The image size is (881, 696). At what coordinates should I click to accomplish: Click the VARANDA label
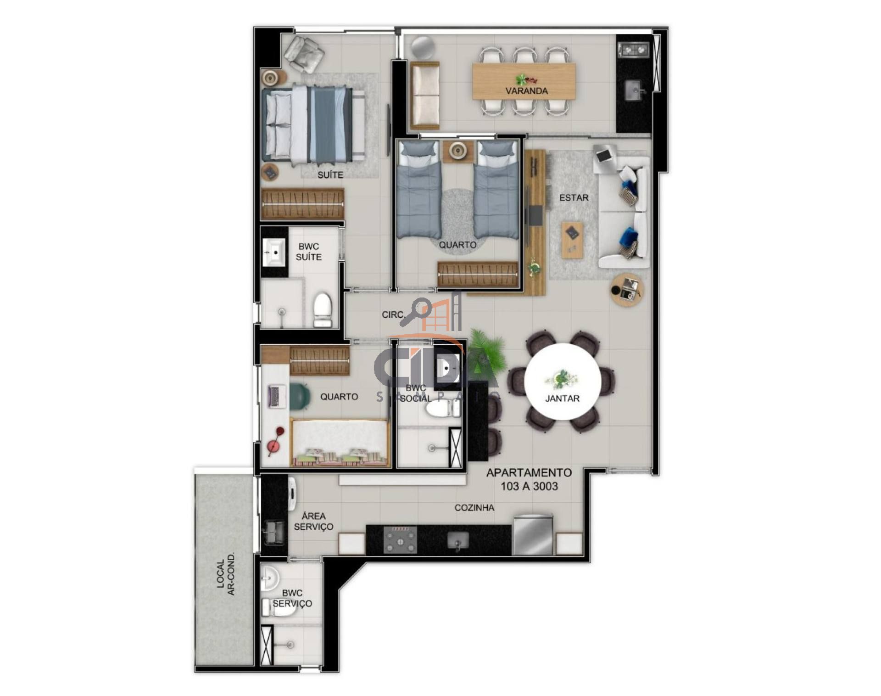click(x=526, y=91)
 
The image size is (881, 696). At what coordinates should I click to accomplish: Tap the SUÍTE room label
click(x=330, y=175)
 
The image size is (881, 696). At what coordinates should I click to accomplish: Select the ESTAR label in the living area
click(x=574, y=198)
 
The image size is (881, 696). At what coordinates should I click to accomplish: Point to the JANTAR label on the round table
click(x=562, y=399)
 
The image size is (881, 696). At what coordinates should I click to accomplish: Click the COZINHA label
click(x=474, y=508)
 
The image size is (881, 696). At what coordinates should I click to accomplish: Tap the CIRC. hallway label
click(x=393, y=315)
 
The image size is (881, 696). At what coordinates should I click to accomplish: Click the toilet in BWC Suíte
click(x=323, y=310)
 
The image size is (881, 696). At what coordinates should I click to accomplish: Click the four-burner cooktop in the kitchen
click(x=400, y=539)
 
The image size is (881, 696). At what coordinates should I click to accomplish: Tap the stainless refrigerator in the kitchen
click(x=533, y=534)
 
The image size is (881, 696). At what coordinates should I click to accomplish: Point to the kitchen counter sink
click(x=457, y=539)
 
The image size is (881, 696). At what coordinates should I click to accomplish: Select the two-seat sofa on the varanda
click(x=425, y=95)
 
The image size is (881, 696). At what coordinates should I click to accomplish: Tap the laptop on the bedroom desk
click(x=276, y=396)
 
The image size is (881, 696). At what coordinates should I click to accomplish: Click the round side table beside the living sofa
click(x=627, y=290)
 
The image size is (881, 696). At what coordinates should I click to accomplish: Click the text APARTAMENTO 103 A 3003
click(x=529, y=479)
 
